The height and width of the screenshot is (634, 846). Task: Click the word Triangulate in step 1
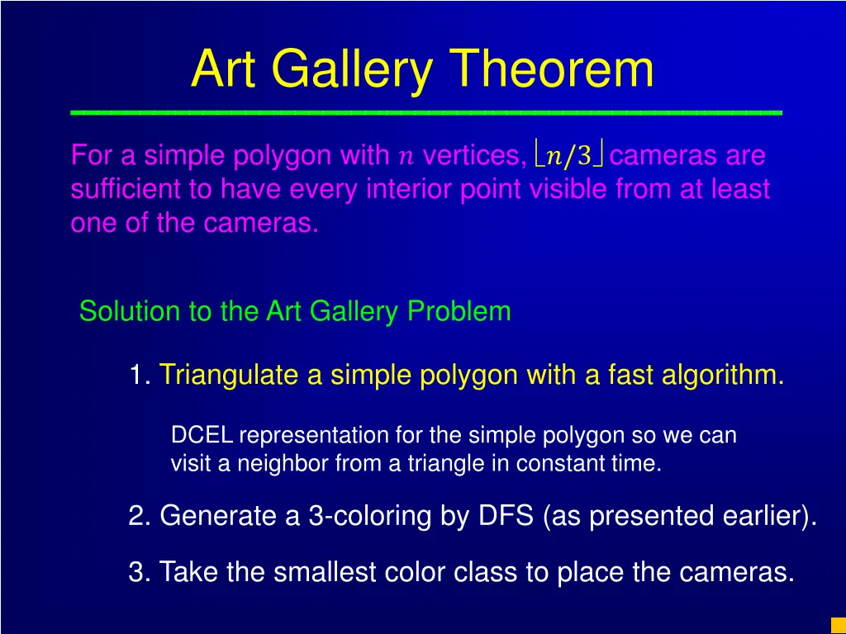[229, 376]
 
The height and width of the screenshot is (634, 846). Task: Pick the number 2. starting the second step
[139, 516]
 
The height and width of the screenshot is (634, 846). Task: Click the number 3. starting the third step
[139, 571]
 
